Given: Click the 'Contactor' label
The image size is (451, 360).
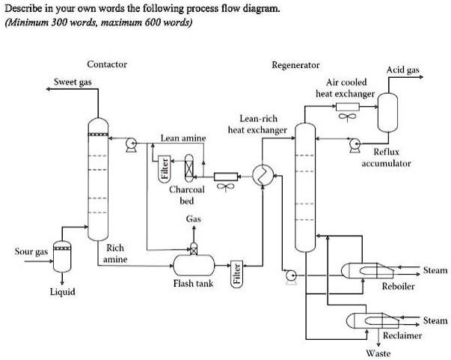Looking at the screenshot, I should click(x=107, y=64).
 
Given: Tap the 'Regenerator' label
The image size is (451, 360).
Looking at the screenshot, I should click(x=296, y=65).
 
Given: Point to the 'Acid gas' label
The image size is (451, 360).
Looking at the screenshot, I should click(x=402, y=70).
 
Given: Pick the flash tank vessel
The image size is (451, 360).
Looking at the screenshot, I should click(x=194, y=263).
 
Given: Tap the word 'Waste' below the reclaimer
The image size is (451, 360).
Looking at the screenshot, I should click(x=378, y=353).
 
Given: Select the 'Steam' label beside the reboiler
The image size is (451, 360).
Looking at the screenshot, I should click(x=435, y=270).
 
